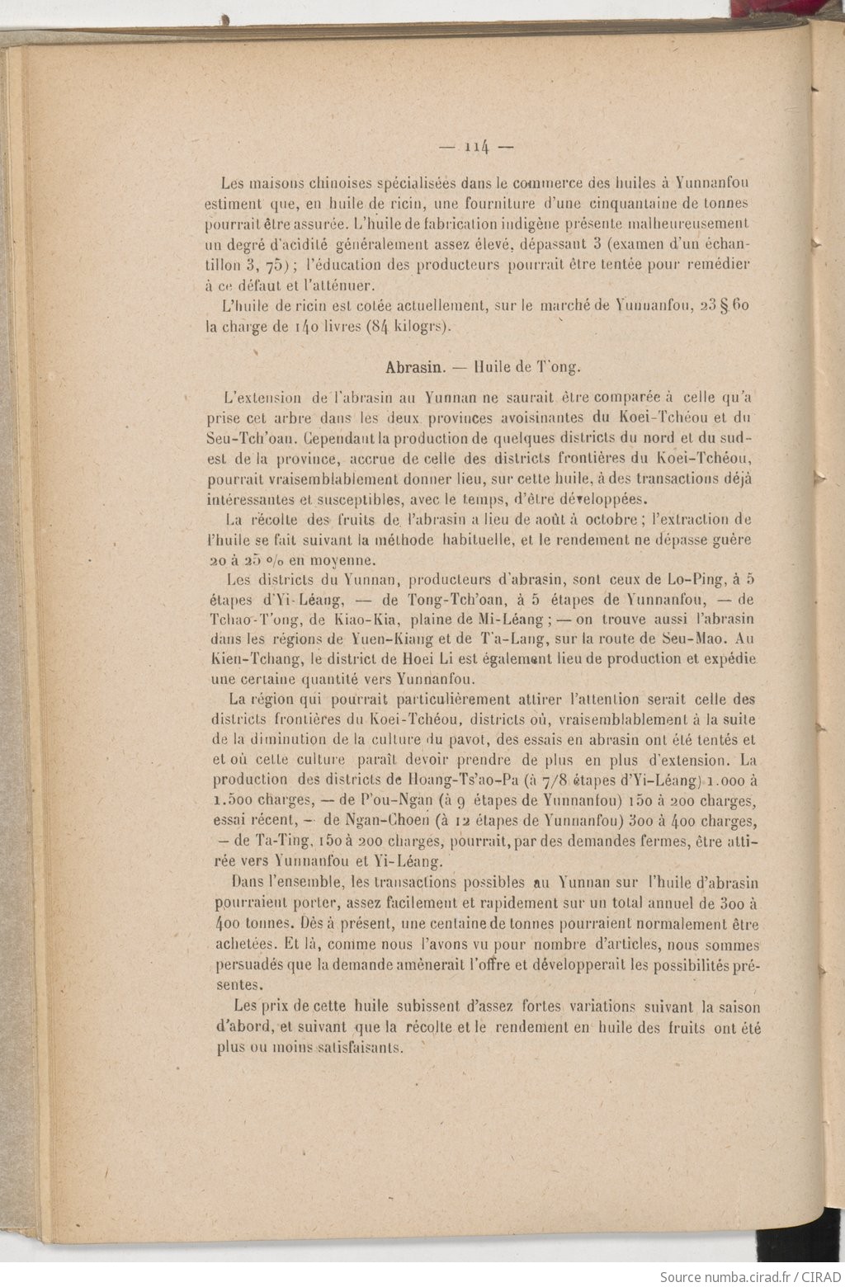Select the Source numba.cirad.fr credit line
click(750, 1276)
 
